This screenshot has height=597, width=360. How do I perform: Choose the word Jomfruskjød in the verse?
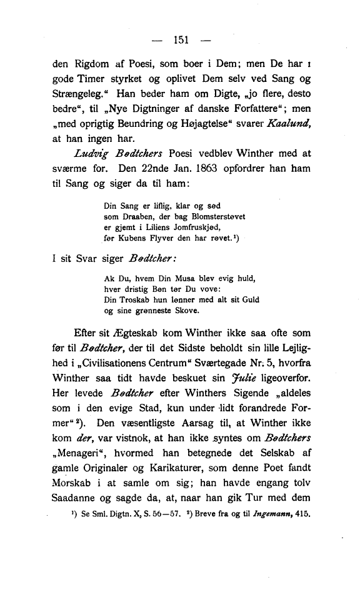click(x=199, y=226)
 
